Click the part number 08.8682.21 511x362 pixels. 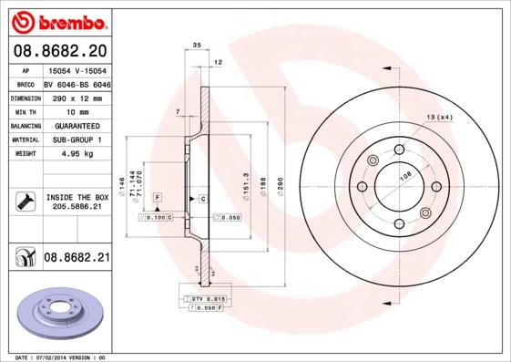[x=76, y=259]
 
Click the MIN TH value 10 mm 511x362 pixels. [x=76, y=110]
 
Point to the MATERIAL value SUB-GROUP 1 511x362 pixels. [x=76, y=140]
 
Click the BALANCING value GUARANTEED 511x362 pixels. [x=76, y=125]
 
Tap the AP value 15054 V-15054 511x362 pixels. [x=76, y=69]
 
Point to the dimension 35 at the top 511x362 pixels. [x=197, y=44]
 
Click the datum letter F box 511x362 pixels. [x=158, y=198]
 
